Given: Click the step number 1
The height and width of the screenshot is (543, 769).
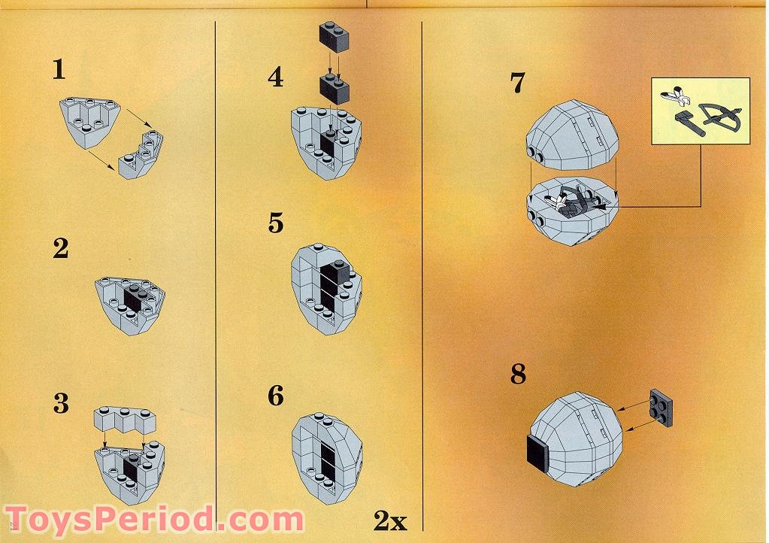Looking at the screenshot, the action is pos(59,69).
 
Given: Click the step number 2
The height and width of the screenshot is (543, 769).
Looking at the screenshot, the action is pos(61,248).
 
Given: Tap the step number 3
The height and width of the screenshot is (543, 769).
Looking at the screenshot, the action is pos(61,404).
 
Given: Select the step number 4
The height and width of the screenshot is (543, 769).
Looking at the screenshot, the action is pos(276,77).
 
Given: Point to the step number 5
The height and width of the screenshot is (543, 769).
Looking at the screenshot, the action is pos(276,223).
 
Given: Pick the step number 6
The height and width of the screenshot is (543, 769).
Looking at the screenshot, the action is pos(276,396).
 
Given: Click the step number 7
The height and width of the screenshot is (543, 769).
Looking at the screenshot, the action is pos(518,83).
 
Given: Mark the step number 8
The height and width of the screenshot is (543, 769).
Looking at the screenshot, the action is pos(518,374).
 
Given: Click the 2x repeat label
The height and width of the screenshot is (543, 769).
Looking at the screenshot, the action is pos(390,520).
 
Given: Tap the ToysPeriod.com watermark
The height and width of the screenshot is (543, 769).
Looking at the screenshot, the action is pos(155,519).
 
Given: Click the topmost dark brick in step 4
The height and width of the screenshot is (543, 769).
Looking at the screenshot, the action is pos(335,37).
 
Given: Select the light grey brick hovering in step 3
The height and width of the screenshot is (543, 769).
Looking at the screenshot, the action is pos(125,420).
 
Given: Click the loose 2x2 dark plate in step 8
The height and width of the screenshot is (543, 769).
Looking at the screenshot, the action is pos(661,407).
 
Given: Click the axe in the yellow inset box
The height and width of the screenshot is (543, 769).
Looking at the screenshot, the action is pos(689,124).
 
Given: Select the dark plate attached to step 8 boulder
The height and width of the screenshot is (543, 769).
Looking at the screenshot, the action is pos(537,454).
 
